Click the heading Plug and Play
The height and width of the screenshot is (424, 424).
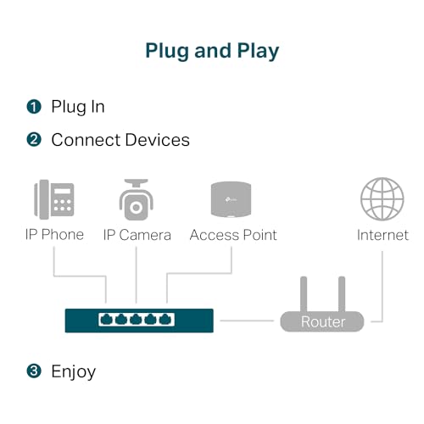coord(212,50)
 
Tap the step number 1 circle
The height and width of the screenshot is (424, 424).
coord(34,107)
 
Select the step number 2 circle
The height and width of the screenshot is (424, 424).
coord(34,139)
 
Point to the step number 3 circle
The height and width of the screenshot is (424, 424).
coord(34,371)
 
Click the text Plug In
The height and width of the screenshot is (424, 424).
coord(78,107)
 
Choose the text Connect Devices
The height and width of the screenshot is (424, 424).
coord(120,139)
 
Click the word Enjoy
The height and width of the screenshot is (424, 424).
coord(74,371)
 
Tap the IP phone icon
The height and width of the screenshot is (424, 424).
coord(53,200)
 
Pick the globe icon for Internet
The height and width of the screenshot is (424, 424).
coord(382,200)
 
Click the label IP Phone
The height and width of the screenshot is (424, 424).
coord(53,234)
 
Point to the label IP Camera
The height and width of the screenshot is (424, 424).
coord(137,234)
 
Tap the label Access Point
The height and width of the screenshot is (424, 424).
coord(233,234)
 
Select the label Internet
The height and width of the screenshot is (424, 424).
coord(382,234)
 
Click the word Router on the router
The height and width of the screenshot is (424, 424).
coord(323,322)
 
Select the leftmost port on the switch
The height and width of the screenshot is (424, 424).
coord(107,320)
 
